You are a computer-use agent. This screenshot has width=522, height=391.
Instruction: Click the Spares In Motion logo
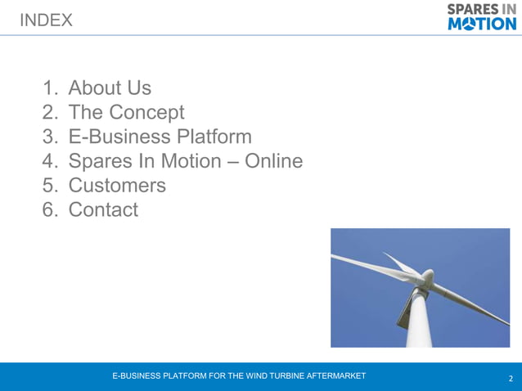click(x=482, y=17)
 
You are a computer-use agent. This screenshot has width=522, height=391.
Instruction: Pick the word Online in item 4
click(x=274, y=161)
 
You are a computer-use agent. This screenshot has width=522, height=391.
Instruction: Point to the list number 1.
click(x=51, y=88)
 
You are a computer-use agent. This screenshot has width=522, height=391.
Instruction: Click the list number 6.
click(x=51, y=210)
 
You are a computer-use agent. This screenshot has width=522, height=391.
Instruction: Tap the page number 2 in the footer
click(x=511, y=379)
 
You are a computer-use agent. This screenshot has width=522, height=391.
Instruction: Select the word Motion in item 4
click(x=189, y=161)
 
